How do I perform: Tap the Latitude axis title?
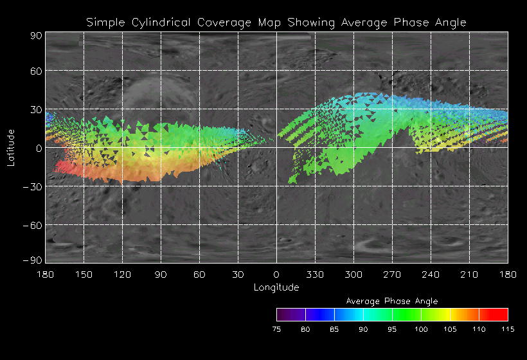pyautogui.click(x=10, y=147)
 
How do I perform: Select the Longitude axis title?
pyautogui.click(x=276, y=287)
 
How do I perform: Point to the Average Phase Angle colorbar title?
pyautogui.click(x=392, y=301)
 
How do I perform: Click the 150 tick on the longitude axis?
pyautogui.click(x=84, y=274)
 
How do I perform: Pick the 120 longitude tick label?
pyautogui.click(x=122, y=274)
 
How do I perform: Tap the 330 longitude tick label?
pyautogui.click(x=315, y=274)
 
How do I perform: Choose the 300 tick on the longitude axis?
pyautogui.click(x=353, y=274)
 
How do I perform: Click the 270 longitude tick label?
pyautogui.click(x=392, y=274)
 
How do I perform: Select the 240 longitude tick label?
pyautogui.click(x=431, y=274)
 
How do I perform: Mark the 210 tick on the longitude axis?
pyautogui.click(x=469, y=274)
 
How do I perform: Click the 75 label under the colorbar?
pyautogui.click(x=276, y=329)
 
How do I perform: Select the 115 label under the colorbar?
pyautogui.click(x=508, y=329)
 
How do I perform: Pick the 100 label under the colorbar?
pyautogui.click(x=421, y=329)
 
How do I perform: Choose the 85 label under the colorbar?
pyautogui.click(x=334, y=329)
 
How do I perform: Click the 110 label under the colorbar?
pyautogui.click(x=479, y=329)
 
